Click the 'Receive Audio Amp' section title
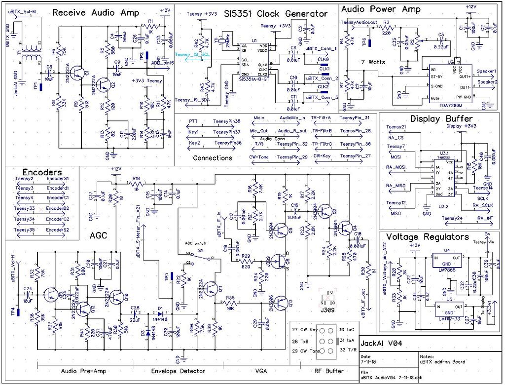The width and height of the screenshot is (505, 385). [x=96, y=13]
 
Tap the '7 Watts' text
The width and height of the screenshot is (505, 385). [x=373, y=62]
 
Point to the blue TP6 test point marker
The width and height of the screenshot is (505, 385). [x=369, y=42]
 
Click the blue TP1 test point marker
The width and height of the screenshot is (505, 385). [x=41, y=87]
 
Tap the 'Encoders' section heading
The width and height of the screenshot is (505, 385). [x=42, y=172]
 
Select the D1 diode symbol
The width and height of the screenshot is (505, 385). [x=160, y=313]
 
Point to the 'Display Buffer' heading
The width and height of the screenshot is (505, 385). [x=441, y=118]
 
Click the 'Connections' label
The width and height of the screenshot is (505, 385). [x=212, y=158]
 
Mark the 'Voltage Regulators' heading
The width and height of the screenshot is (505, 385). [x=427, y=237]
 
